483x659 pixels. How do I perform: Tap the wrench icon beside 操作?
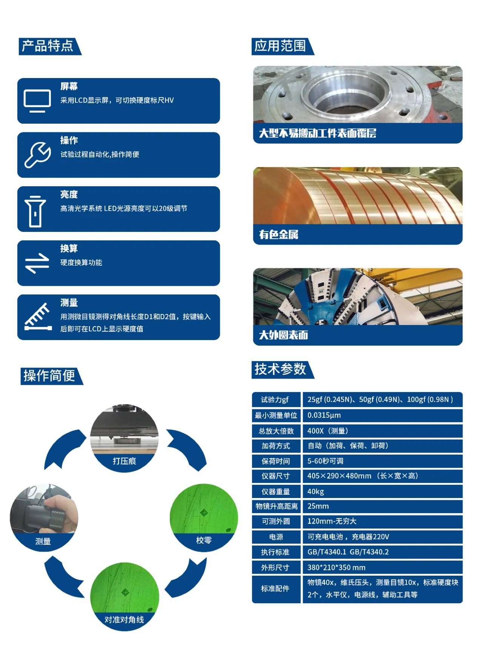tap(37, 155)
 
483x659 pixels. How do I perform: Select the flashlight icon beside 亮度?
tap(35, 211)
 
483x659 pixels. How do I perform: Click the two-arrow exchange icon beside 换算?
tap(37, 263)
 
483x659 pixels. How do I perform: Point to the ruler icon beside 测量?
tap(38, 317)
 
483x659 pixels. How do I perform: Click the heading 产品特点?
tap(48, 46)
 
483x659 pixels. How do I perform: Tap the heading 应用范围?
tap(280, 46)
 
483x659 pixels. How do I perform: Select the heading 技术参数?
tap(280, 369)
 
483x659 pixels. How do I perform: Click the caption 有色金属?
tap(278, 234)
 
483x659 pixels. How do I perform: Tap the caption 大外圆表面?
tap(283, 335)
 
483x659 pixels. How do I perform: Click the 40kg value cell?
tap(382, 492)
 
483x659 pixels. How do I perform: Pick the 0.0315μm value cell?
tap(382, 415)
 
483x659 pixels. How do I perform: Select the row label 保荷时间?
tap(276, 461)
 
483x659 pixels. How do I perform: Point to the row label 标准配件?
tap(276, 589)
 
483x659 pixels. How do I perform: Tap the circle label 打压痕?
tap(124, 461)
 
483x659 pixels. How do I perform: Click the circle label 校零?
tap(204, 540)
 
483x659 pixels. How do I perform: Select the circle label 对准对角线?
tap(124, 620)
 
